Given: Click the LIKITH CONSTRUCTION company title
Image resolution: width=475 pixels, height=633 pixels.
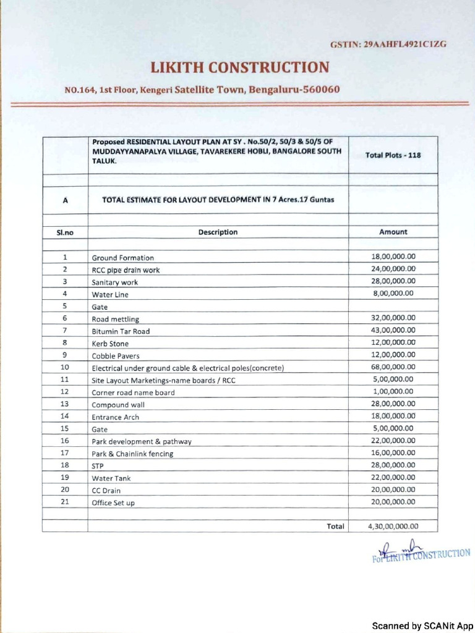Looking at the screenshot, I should (241, 67).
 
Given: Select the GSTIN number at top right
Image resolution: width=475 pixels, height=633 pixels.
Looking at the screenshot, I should (388, 45).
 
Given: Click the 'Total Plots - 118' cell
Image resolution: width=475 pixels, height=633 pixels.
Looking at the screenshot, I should (393, 155).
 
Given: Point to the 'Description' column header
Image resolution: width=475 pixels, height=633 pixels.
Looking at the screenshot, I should (218, 232).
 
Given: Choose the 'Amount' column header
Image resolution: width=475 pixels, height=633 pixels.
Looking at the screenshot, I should (393, 232).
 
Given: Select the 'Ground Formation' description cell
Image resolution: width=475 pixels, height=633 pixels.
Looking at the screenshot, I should (123, 258).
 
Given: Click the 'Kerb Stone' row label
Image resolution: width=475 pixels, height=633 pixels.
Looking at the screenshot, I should (110, 344).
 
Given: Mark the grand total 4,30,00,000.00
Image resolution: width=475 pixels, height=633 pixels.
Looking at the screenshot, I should (393, 527).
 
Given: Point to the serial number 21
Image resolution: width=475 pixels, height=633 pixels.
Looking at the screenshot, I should (64, 501).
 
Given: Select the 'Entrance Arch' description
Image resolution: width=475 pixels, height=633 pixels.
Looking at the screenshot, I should (116, 417).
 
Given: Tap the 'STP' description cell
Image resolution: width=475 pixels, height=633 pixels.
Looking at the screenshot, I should (98, 466).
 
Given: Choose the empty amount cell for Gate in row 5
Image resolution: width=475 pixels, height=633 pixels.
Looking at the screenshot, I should (393, 306).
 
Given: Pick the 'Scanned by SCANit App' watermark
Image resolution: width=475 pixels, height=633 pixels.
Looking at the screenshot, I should (422, 625).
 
